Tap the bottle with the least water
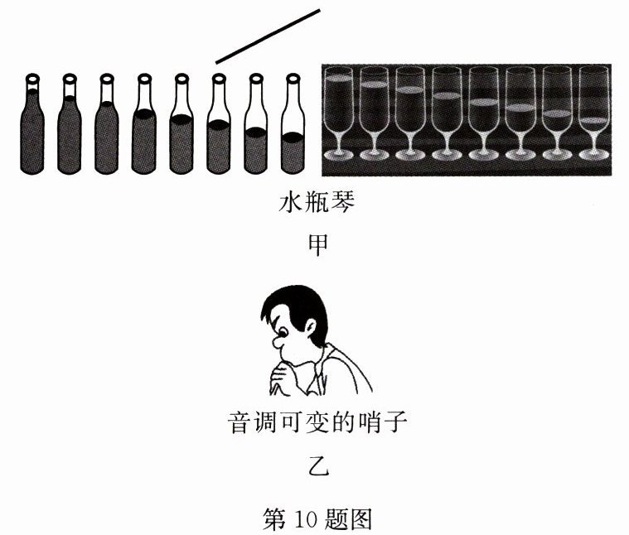point(292,133)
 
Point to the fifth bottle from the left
point(181,133)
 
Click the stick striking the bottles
point(267,36)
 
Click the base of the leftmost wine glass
point(338,154)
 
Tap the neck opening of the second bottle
point(69,78)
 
